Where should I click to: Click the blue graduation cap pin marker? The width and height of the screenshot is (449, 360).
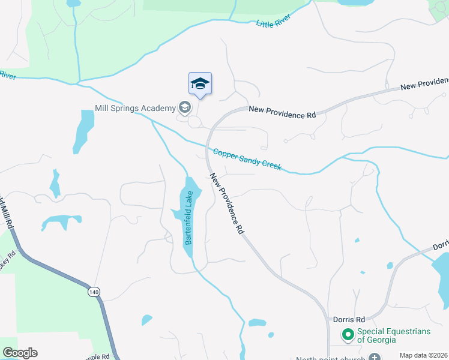(200, 84)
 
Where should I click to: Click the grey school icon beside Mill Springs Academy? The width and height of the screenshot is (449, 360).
(185, 108)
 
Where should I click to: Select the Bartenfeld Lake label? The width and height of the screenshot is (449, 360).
(188, 218)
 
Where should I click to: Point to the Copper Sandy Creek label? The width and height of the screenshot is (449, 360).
(247, 159)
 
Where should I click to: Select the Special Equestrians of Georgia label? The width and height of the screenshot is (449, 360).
(376, 335)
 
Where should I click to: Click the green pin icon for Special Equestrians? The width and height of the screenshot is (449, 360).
(348, 334)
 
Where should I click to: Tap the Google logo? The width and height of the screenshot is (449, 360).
(20, 353)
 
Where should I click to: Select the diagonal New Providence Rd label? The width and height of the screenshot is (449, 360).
(228, 204)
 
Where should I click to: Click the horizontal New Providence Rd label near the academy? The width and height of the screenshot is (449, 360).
(282, 112)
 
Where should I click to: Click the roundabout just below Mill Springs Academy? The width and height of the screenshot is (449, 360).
(194, 122)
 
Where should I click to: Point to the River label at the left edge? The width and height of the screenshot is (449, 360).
(7, 75)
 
